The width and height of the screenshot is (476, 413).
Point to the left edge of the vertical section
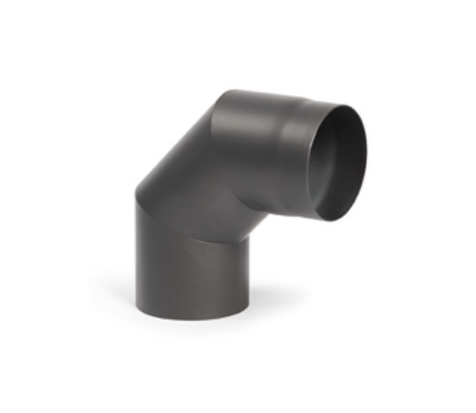click(x=136, y=254)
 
